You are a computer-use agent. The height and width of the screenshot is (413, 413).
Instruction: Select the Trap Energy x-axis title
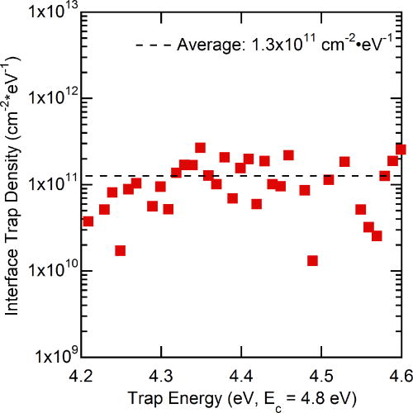240,399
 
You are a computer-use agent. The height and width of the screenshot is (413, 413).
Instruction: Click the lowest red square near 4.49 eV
312,261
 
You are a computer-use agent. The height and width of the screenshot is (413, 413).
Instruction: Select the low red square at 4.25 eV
121,250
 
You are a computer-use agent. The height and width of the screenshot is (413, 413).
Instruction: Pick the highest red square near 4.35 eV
200,148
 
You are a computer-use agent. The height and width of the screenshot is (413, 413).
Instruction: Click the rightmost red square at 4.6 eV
401,150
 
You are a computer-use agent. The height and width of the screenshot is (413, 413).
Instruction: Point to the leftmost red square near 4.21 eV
88,221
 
